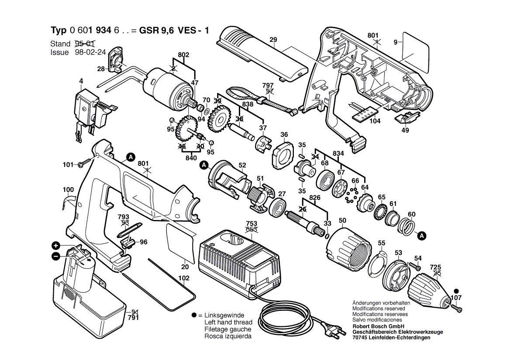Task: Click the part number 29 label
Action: point(273,40)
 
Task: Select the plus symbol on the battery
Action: point(55,246)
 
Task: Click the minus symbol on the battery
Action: point(55,256)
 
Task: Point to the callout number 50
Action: point(342,221)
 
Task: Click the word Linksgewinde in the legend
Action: point(224,315)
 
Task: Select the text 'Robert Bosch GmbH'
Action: point(378,326)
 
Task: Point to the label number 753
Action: point(252,223)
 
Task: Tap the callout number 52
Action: point(242,165)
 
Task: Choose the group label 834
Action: point(338,153)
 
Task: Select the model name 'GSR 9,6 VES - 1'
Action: point(174,31)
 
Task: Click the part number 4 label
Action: point(81,81)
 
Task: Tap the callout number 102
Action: point(184,278)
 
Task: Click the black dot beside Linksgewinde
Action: point(194,315)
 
